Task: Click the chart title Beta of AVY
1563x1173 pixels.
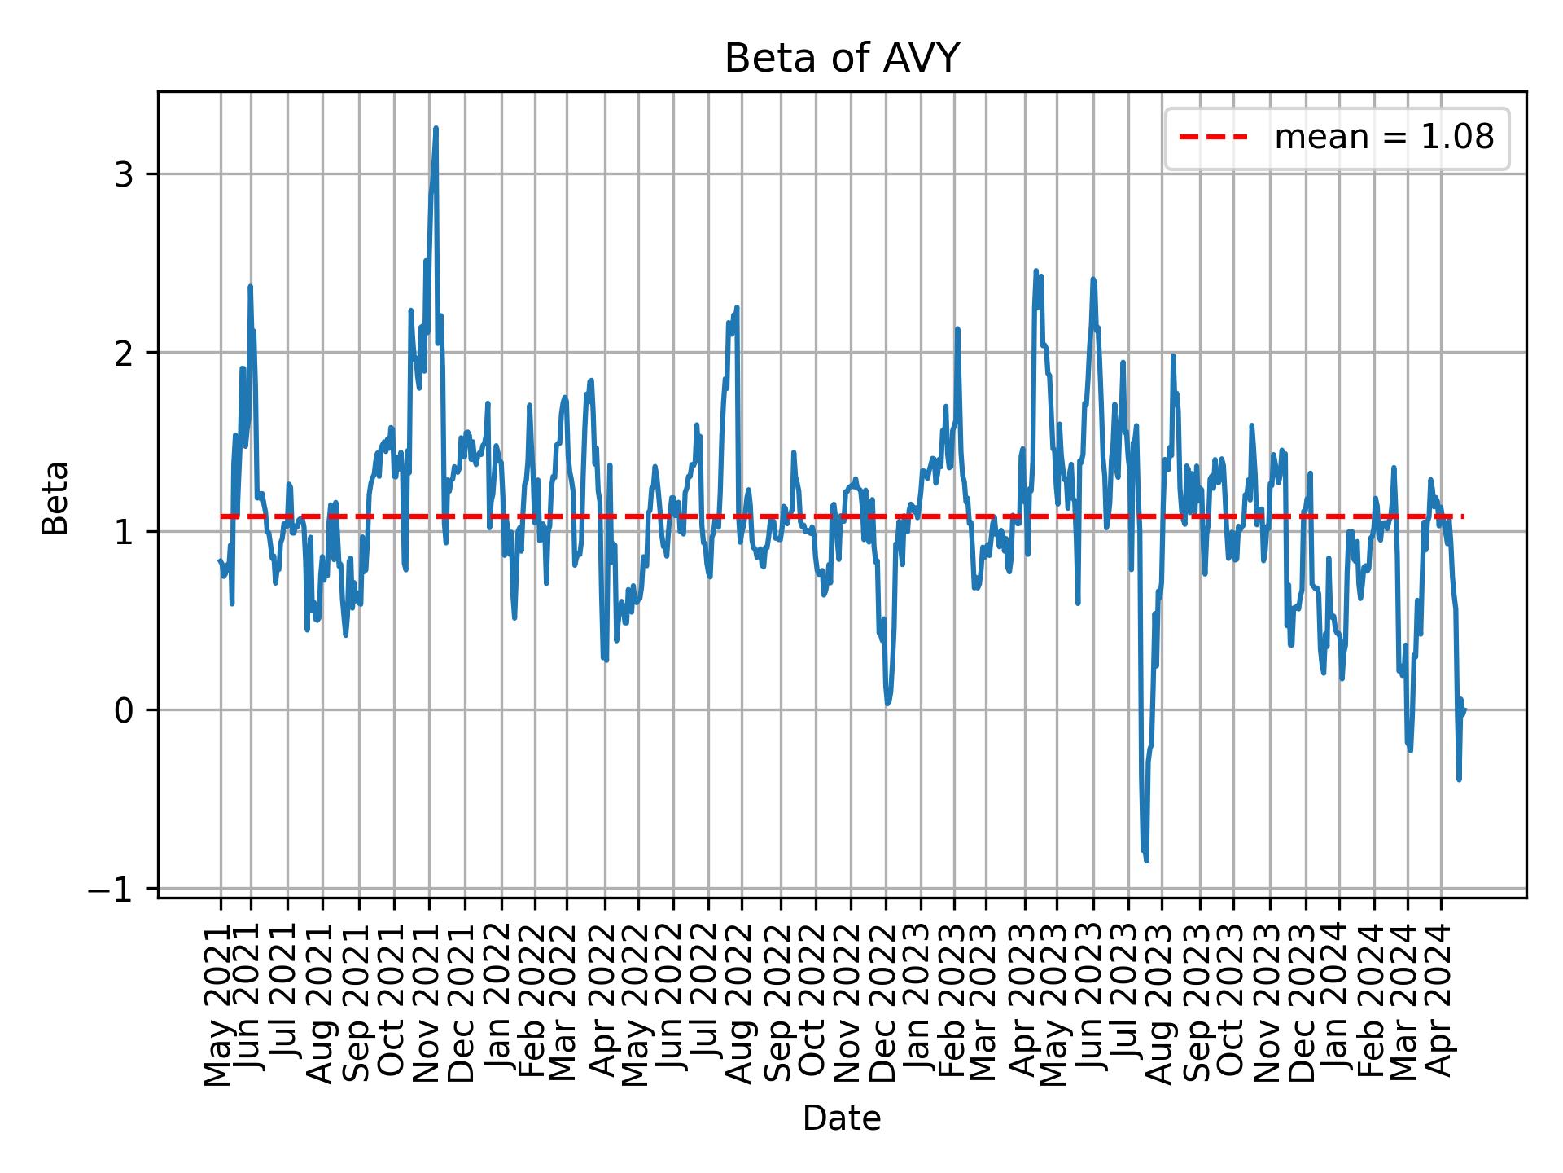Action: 842,59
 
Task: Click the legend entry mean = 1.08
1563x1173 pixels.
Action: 1383,138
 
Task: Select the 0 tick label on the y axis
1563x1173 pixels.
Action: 124,710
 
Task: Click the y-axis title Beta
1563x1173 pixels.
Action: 55,498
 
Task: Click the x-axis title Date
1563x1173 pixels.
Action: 842,1118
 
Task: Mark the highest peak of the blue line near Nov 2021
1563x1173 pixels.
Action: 436,128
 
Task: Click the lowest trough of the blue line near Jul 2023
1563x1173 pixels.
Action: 1146,861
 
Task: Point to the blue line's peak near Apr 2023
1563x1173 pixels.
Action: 1036,270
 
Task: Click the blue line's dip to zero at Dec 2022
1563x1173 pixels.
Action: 887,704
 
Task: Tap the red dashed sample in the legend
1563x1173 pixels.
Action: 1213,138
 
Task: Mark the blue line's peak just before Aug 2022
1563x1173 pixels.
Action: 737,307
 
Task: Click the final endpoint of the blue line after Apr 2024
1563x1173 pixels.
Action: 1464,710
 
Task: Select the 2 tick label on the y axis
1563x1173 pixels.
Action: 124,353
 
